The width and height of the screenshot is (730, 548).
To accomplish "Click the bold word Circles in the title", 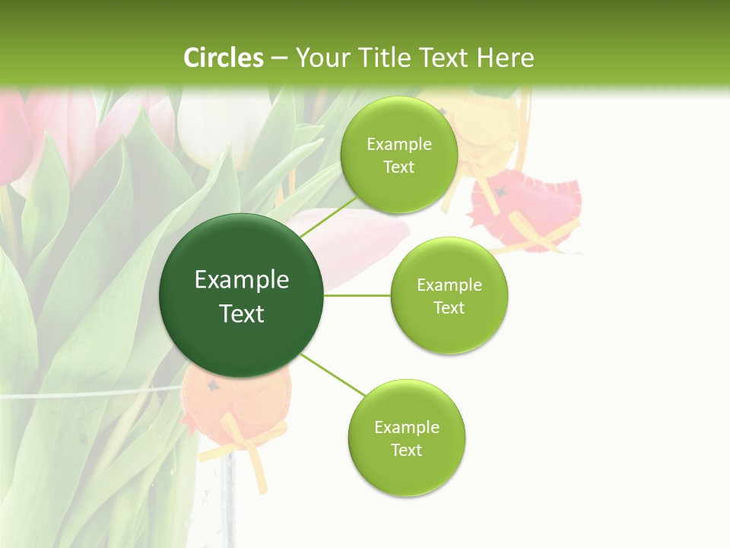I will tap(224, 58).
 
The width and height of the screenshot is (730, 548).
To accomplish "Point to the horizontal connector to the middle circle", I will tap(357, 295).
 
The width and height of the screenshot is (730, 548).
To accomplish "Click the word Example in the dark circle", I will tap(242, 280).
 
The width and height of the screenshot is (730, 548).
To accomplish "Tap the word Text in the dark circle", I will tap(242, 314).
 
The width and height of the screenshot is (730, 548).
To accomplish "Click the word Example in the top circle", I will tap(399, 145).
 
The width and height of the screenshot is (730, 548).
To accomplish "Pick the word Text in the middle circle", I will tap(449, 307).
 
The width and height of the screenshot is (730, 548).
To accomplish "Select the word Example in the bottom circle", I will tap(407, 427).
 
